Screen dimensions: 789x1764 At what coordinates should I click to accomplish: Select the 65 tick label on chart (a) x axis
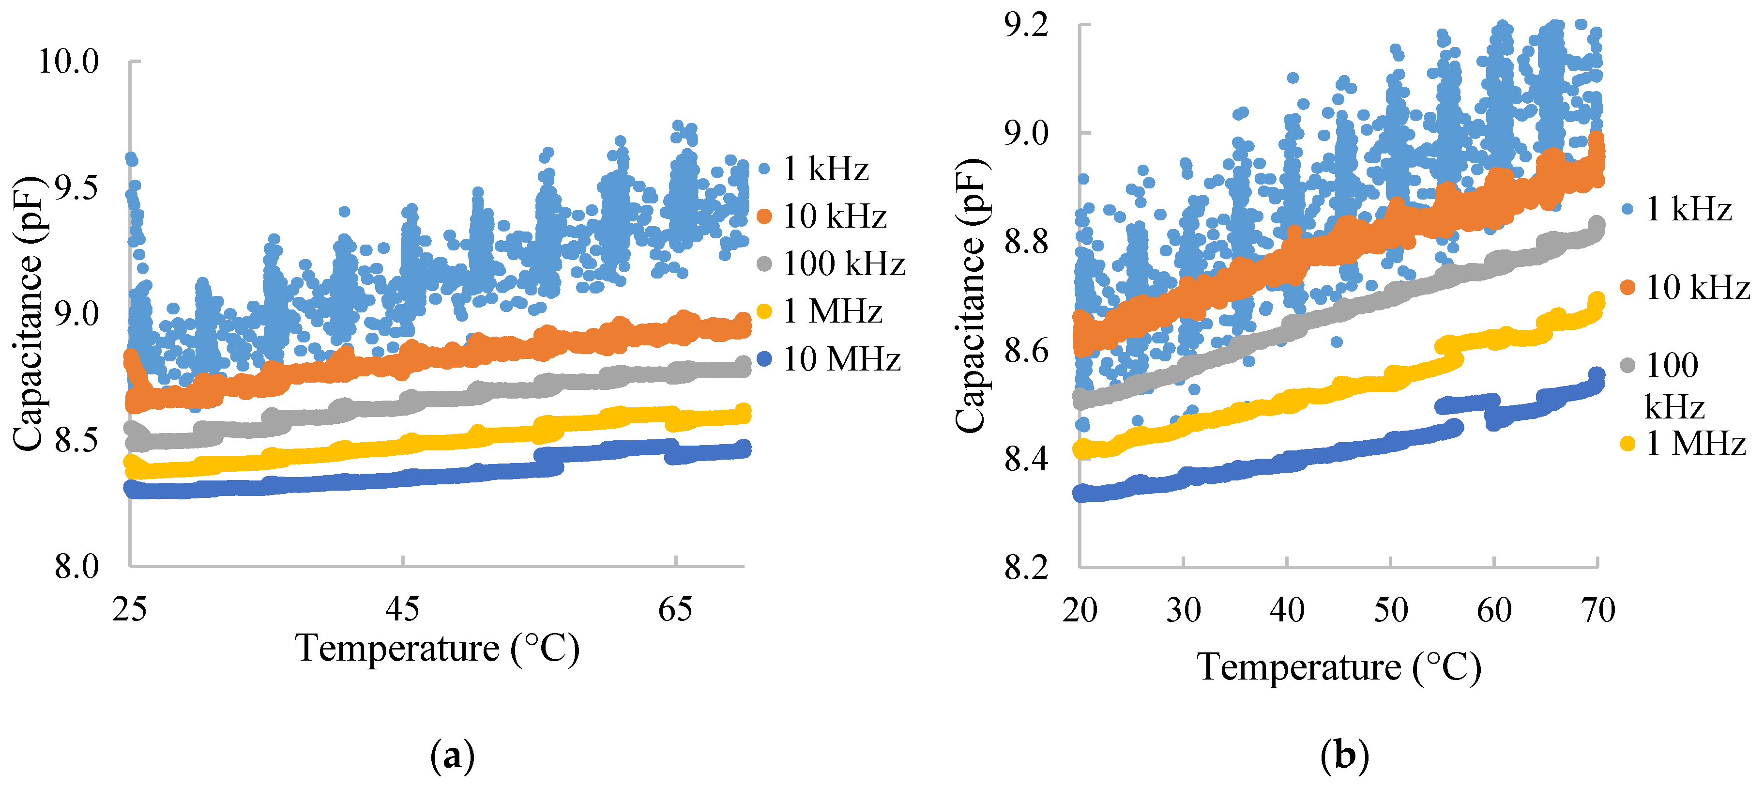click(675, 609)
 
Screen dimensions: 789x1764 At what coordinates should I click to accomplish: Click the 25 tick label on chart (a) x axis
click(129, 609)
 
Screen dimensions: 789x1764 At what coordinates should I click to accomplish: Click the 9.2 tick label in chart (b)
click(1026, 25)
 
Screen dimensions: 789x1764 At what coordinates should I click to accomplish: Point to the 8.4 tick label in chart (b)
click(1026, 459)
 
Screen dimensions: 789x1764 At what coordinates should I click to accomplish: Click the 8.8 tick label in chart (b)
click(1026, 242)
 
